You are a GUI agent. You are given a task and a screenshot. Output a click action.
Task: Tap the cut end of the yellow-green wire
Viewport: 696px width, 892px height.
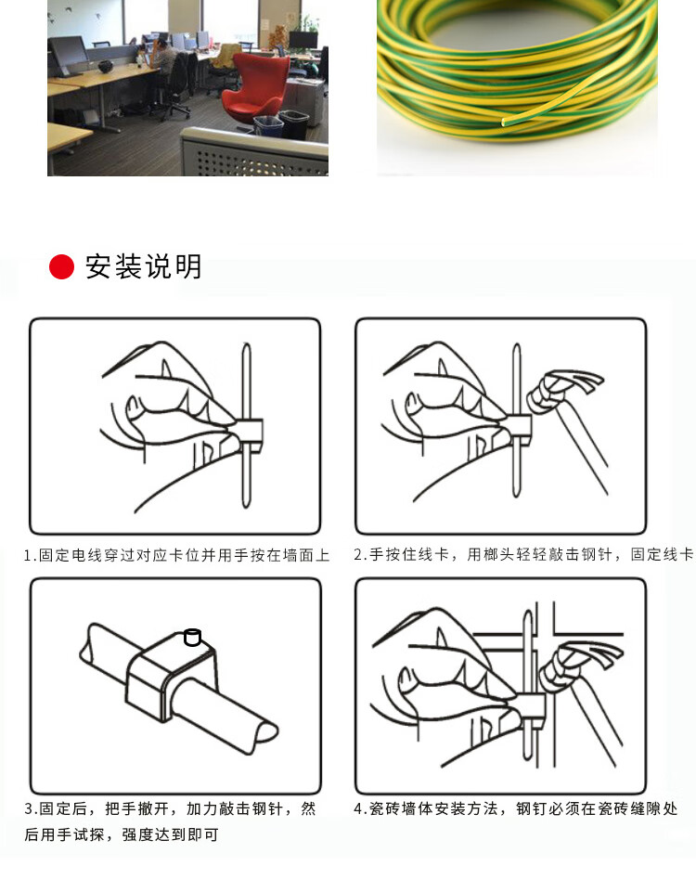[x=505, y=122]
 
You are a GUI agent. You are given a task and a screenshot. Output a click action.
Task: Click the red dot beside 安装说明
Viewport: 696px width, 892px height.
[x=61, y=266]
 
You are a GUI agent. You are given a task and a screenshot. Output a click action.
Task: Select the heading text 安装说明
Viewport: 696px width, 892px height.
[x=144, y=266]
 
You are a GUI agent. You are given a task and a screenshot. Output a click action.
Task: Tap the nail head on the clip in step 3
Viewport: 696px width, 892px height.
[x=193, y=637]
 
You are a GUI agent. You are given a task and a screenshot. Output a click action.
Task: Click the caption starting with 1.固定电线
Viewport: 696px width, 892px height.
[x=176, y=555]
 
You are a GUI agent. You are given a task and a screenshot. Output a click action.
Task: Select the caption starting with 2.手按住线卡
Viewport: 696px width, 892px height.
[x=523, y=554]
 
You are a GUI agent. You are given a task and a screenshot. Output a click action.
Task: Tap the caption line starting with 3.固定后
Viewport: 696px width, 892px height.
[x=170, y=808]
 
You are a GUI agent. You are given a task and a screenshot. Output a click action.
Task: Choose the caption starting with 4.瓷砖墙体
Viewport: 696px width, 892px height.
[x=516, y=808]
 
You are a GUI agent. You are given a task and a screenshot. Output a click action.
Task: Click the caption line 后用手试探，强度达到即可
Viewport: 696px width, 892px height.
[x=122, y=834]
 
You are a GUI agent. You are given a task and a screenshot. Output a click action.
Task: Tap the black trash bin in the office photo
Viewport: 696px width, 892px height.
[x=294, y=124]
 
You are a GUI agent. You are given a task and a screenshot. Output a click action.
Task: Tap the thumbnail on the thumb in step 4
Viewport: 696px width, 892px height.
[x=406, y=678]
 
